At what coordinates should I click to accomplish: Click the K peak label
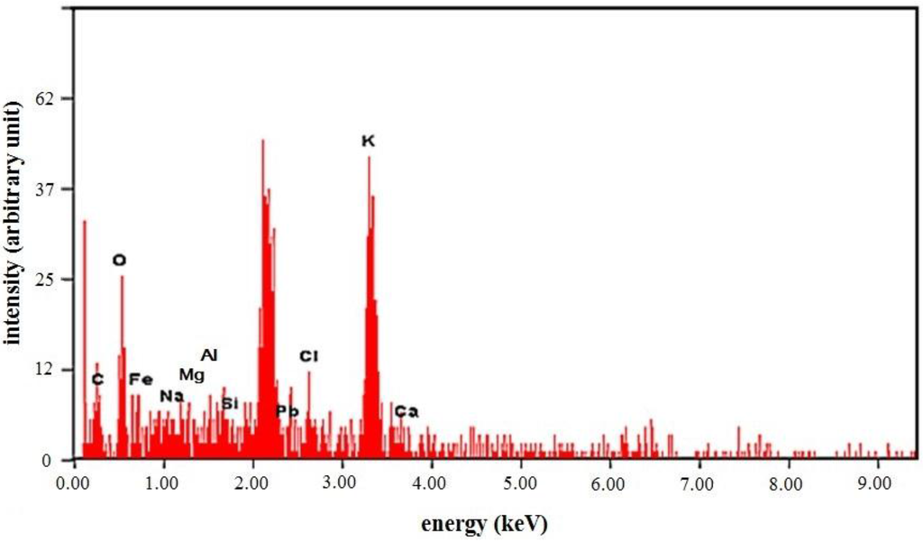point(368,142)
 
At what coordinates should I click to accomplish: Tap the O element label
point(119,261)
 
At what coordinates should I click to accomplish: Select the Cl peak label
point(309,356)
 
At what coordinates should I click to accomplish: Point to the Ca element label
point(407,412)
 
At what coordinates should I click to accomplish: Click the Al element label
point(209,355)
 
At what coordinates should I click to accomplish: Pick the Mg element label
point(191,374)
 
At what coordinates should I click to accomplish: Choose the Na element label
point(171,396)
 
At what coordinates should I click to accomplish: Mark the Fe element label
point(141,379)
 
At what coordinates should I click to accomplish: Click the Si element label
point(230,403)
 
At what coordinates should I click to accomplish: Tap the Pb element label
point(287,411)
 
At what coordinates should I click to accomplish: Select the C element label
point(97,380)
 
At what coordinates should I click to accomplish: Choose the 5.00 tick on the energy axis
point(520,484)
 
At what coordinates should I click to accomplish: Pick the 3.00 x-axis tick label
point(342,484)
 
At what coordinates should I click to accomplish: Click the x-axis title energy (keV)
point(484,523)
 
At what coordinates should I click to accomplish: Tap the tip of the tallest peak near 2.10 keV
point(262,140)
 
